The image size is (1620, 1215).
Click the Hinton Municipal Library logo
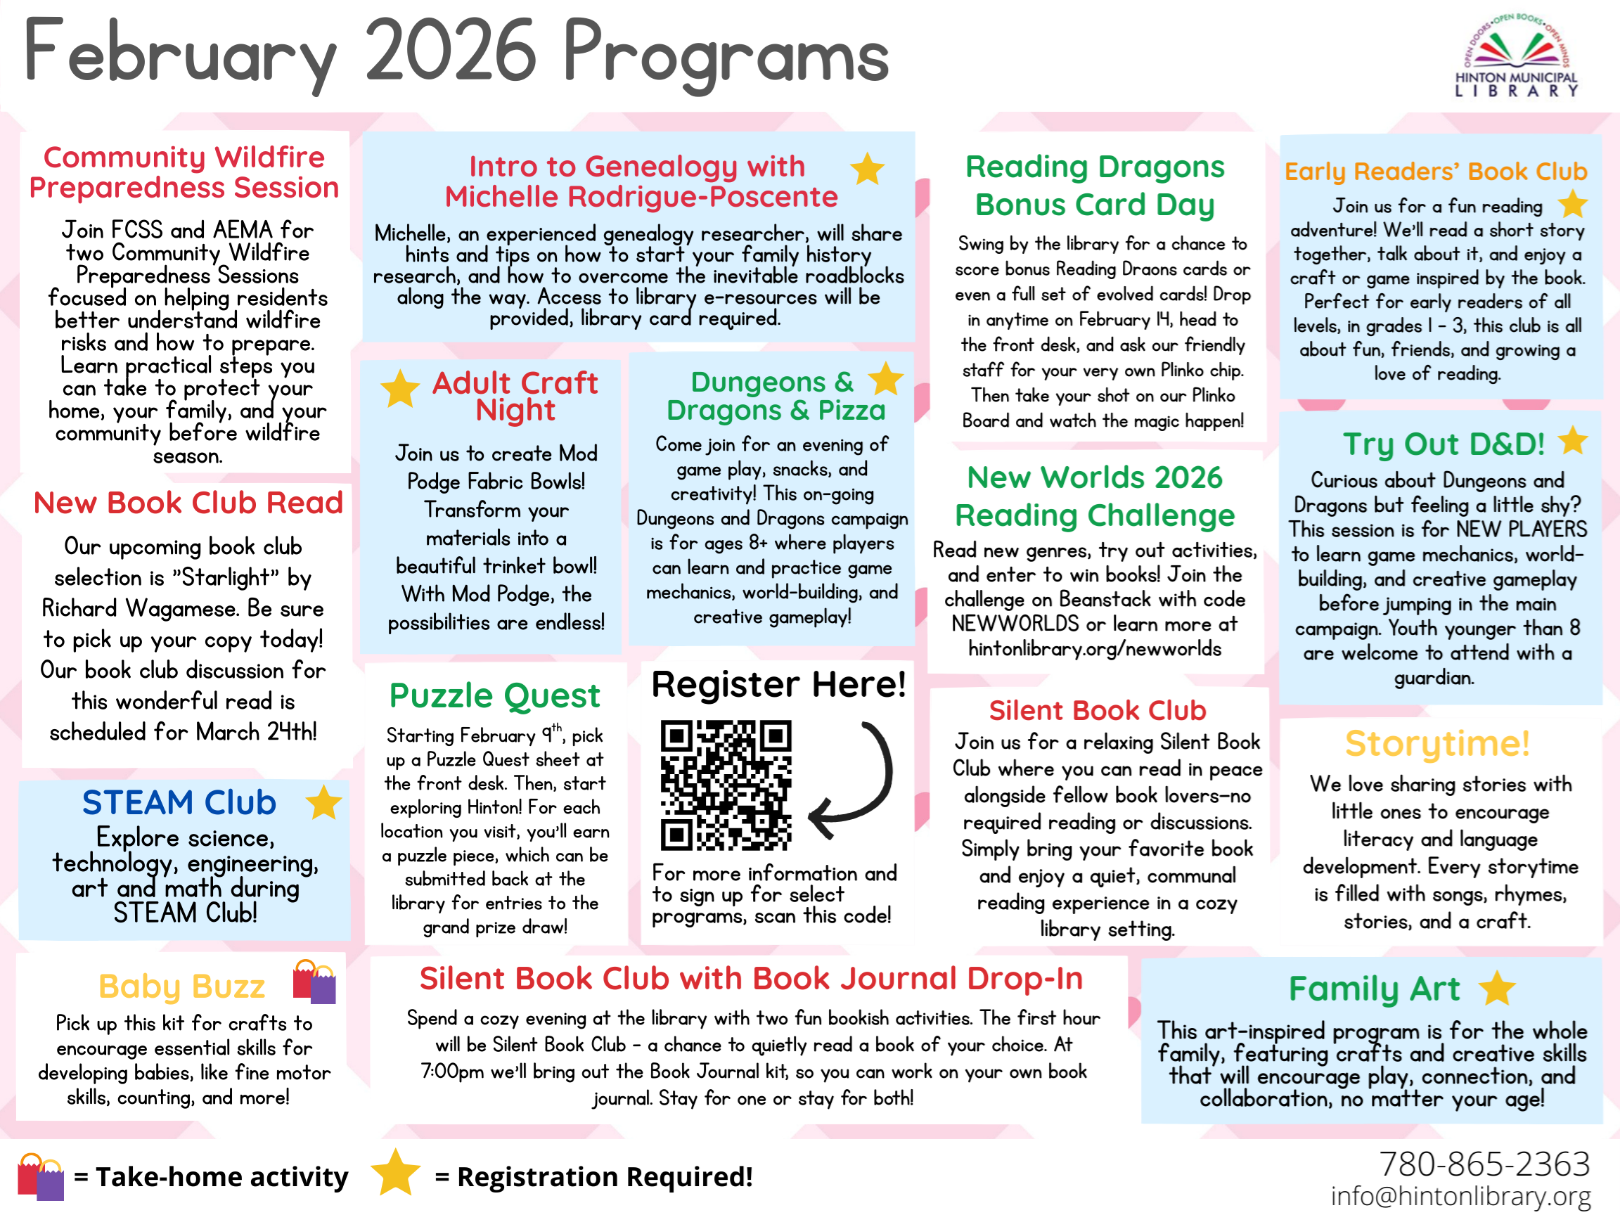point(1516,56)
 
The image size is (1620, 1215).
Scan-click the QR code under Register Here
point(725,786)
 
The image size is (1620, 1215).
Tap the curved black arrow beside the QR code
point(857,780)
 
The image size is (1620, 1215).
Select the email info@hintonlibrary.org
point(1460,1195)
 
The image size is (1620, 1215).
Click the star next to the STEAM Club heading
point(323,803)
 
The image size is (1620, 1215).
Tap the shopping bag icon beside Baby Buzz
point(314,982)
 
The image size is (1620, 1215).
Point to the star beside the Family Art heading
point(1496,989)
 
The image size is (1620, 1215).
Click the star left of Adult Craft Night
point(400,388)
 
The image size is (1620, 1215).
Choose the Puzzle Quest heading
point(494,696)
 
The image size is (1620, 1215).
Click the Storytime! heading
point(1437,743)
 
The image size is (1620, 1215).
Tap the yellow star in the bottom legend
point(395,1174)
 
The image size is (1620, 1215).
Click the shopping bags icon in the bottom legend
point(41,1176)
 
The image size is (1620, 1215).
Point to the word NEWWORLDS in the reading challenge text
point(1015,624)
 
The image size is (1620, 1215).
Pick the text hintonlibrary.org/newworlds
point(1094,649)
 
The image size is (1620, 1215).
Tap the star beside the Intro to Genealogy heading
point(867,169)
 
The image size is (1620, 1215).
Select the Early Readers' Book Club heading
point(1436,172)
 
